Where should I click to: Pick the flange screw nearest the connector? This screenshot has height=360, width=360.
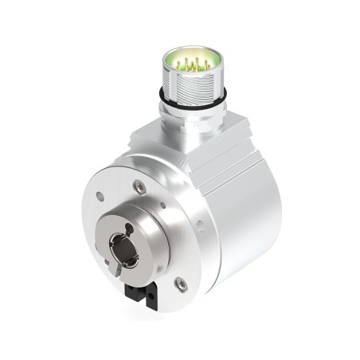[x=139, y=186]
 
